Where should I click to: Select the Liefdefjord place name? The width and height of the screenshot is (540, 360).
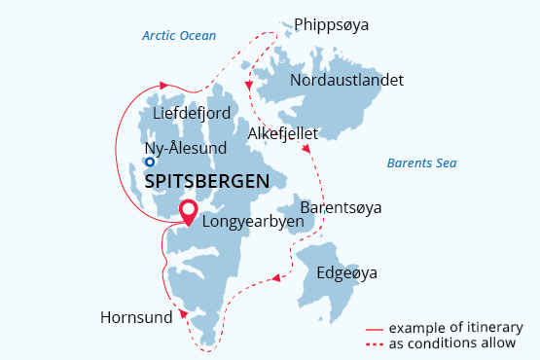pos(192,114)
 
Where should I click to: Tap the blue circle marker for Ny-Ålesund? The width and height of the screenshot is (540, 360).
pos(150,162)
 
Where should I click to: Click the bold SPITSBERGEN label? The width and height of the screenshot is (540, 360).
pos(206,182)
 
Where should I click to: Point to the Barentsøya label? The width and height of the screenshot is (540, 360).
pos(341,208)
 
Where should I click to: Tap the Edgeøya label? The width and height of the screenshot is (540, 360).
pos(346,273)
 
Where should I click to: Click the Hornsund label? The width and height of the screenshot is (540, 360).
pos(136,317)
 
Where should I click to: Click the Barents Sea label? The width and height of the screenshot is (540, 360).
pos(421,162)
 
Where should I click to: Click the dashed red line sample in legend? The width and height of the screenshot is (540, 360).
pos(375,343)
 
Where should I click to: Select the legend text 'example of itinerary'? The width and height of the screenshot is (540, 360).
pos(456,327)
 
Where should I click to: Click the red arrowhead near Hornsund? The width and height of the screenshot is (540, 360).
pos(181,313)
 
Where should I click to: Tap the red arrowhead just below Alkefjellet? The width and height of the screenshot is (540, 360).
pos(307,150)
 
